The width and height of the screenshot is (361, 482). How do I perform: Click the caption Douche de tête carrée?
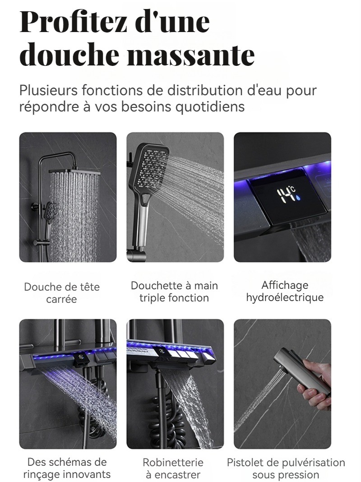[62, 293]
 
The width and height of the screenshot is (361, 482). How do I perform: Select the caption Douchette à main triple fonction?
[174, 292]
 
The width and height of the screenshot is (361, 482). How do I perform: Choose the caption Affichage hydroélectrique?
[285, 292]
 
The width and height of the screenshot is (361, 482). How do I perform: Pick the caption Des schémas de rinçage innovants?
[67, 468]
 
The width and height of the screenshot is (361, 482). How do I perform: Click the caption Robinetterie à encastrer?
[173, 468]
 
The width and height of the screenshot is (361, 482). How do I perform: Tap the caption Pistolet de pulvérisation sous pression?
[286, 468]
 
